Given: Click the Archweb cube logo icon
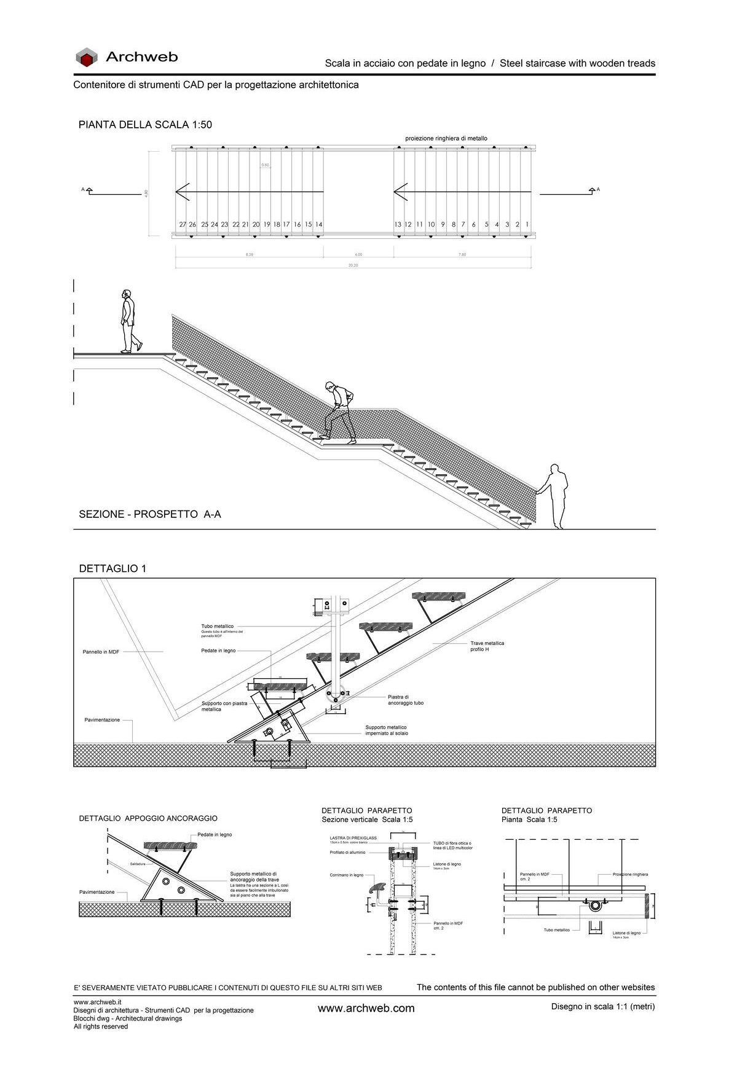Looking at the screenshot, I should click(87, 58).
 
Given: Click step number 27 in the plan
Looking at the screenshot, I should click(183, 225).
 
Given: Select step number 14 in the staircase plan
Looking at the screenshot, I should click(319, 225).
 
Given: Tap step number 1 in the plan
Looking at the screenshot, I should click(527, 225).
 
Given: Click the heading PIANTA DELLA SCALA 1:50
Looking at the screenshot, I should click(145, 125).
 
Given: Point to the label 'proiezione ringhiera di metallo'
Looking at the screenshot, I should click(446, 138).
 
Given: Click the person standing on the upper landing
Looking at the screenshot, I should click(129, 321).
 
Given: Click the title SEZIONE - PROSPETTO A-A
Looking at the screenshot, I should click(149, 514).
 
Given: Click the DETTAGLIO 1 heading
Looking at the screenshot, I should click(112, 569).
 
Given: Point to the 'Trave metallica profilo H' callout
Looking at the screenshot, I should click(487, 646).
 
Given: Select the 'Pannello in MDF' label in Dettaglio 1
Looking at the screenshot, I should click(101, 652).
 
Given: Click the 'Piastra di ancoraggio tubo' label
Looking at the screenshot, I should click(405, 700).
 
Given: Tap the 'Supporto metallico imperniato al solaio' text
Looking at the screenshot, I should click(386, 730).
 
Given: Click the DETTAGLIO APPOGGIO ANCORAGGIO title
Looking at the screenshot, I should click(148, 818).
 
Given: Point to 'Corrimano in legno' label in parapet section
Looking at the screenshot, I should click(346, 875).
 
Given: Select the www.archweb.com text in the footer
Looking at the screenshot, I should click(366, 1008).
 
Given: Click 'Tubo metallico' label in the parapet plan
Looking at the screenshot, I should click(556, 930).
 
